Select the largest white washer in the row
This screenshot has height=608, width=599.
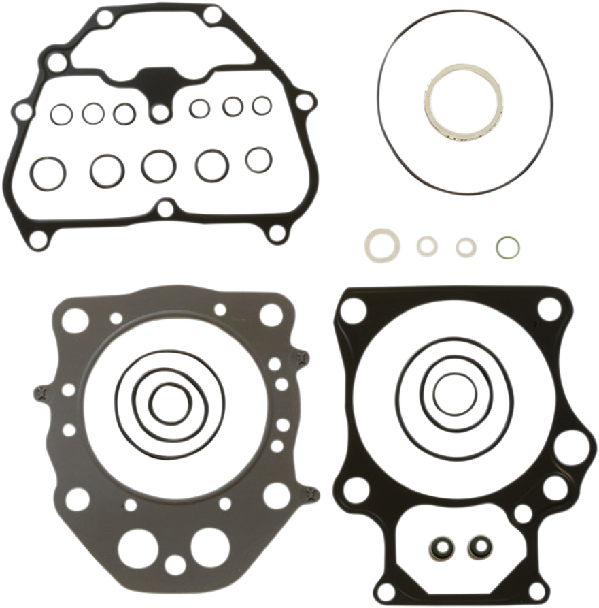(382, 245)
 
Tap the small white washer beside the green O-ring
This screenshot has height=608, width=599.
(466, 247)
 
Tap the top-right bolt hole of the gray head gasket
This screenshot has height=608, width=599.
(271, 315)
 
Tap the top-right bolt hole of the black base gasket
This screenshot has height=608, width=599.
(549, 308)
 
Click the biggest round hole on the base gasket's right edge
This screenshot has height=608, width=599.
(570, 448)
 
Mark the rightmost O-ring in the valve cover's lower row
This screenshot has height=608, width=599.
(258, 160)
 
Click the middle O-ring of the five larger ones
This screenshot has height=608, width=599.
(158, 166)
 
